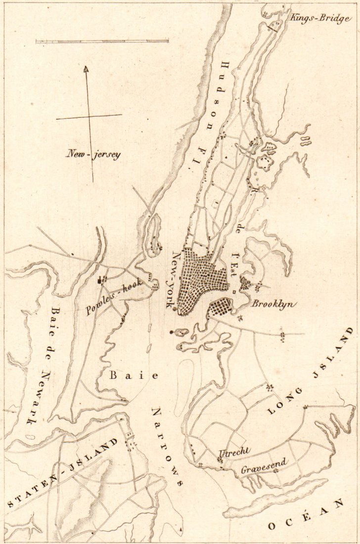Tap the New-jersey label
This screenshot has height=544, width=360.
click(x=93, y=154)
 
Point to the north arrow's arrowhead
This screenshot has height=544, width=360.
click(x=86, y=69)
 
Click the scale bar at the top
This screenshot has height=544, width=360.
click(x=102, y=41)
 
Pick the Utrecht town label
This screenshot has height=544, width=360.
click(x=235, y=453)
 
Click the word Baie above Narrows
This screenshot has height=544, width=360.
click(x=134, y=376)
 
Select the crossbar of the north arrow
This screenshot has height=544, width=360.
click(x=89, y=117)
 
